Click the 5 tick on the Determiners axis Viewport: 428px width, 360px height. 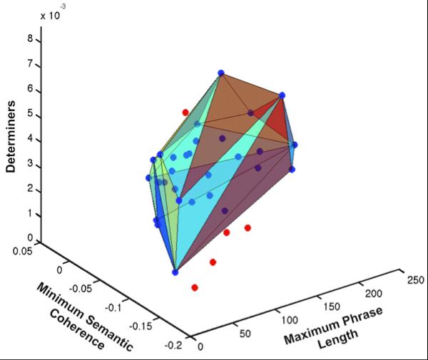coord(30,116)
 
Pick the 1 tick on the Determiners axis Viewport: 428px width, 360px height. coord(30,214)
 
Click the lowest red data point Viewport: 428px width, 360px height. coord(195,287)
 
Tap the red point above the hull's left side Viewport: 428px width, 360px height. coord(185,112)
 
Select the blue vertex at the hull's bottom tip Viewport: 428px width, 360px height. coord(175,271)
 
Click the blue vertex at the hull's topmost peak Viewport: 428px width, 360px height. coord(221,73)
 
